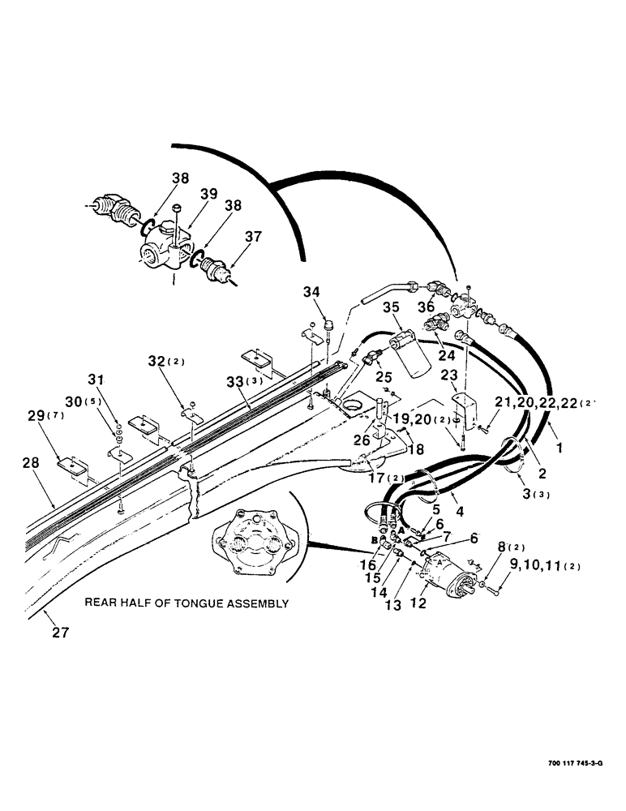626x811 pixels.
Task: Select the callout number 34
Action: (313, 292)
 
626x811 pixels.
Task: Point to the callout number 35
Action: (392, 308)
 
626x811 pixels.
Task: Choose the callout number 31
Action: (96, 379)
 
